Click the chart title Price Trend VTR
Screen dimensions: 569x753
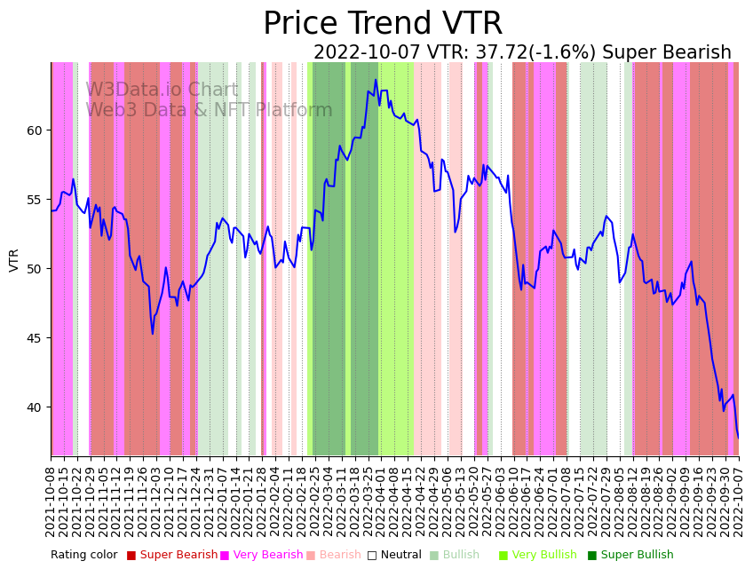tap(383, 24)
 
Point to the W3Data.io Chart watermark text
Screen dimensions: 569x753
tap(162, 91)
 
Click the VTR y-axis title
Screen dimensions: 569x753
tap(14, 259)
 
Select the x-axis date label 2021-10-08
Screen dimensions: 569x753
tap(52, 498)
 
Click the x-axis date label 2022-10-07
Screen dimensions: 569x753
tap(738, 498)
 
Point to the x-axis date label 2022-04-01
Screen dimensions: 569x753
tap(381, 498)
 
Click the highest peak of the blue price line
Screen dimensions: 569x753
tap(376, 80)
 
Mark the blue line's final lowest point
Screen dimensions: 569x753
tap(738, 438)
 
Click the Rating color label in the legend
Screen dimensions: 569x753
tap(83, 556)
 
